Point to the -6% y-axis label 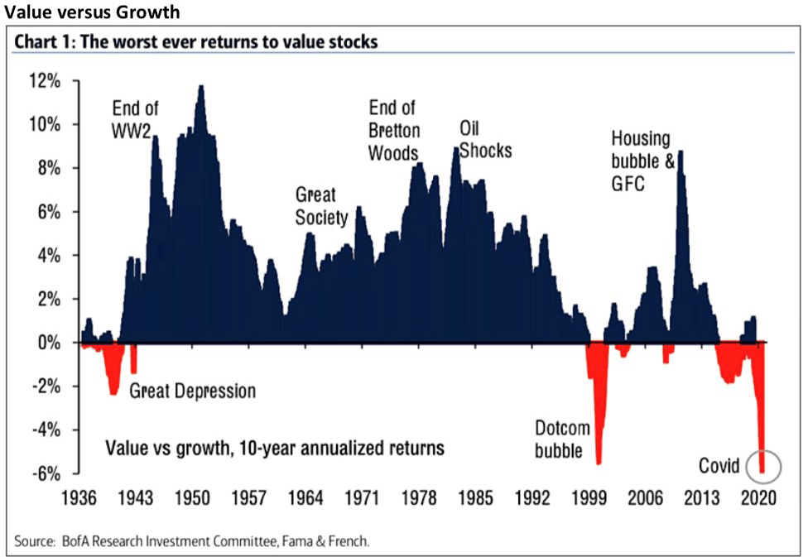46,473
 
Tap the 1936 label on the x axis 79,499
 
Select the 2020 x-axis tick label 758,499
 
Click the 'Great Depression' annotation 193,391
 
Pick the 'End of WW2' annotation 136,119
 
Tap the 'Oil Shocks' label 485,140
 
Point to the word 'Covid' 718,465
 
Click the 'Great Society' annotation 316,205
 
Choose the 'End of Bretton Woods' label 393,131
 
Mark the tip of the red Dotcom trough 598,464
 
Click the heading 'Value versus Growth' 90,12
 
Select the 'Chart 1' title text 195,41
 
